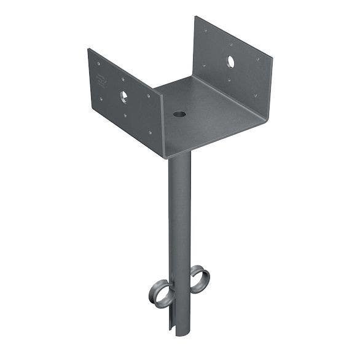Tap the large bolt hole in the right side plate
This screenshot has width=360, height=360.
[232, 61]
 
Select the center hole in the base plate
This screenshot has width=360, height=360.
[179, 114]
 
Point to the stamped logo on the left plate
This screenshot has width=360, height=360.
[101, 79]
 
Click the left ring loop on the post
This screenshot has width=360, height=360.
[159, 290]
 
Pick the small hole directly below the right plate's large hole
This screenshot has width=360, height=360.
[230, 79]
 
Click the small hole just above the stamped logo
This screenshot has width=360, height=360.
[98, 65]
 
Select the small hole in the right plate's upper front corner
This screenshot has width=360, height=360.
[257, 59]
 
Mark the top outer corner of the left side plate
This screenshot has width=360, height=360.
[88, 49]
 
